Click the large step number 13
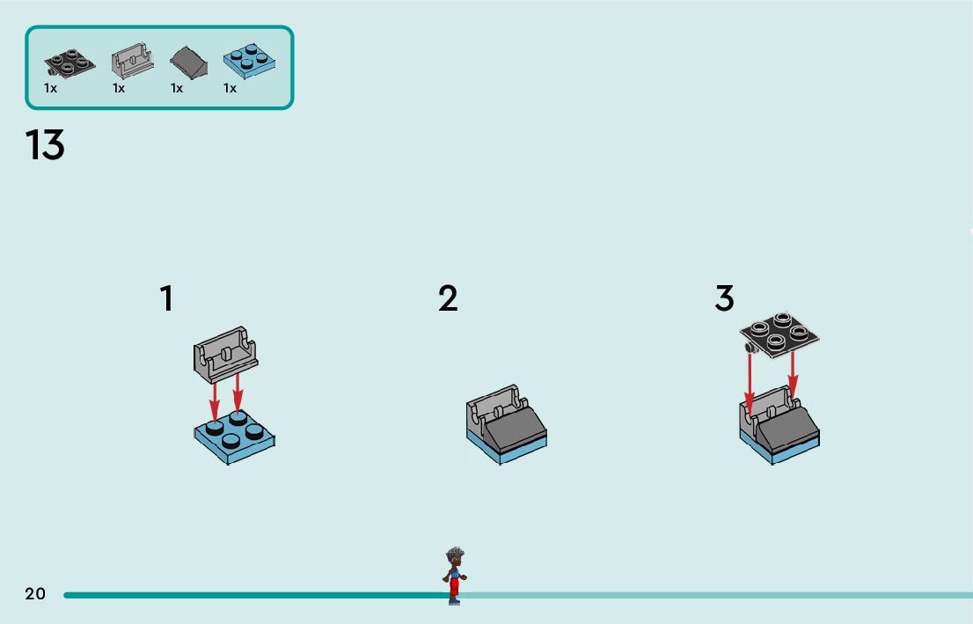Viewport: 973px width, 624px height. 45,145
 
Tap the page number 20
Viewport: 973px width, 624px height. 35,594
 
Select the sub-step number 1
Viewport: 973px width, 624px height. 166,299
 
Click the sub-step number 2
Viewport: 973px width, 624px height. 448,299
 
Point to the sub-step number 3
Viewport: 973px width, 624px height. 724,299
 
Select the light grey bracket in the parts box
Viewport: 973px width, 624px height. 131,62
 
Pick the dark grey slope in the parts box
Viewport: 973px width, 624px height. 188,62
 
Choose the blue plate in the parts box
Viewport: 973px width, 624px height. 250,60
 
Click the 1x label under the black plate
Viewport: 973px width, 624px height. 51,88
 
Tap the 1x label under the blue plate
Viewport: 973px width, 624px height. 230,88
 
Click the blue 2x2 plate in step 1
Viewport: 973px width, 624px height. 234,437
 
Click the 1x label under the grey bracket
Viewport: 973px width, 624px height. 119,88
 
